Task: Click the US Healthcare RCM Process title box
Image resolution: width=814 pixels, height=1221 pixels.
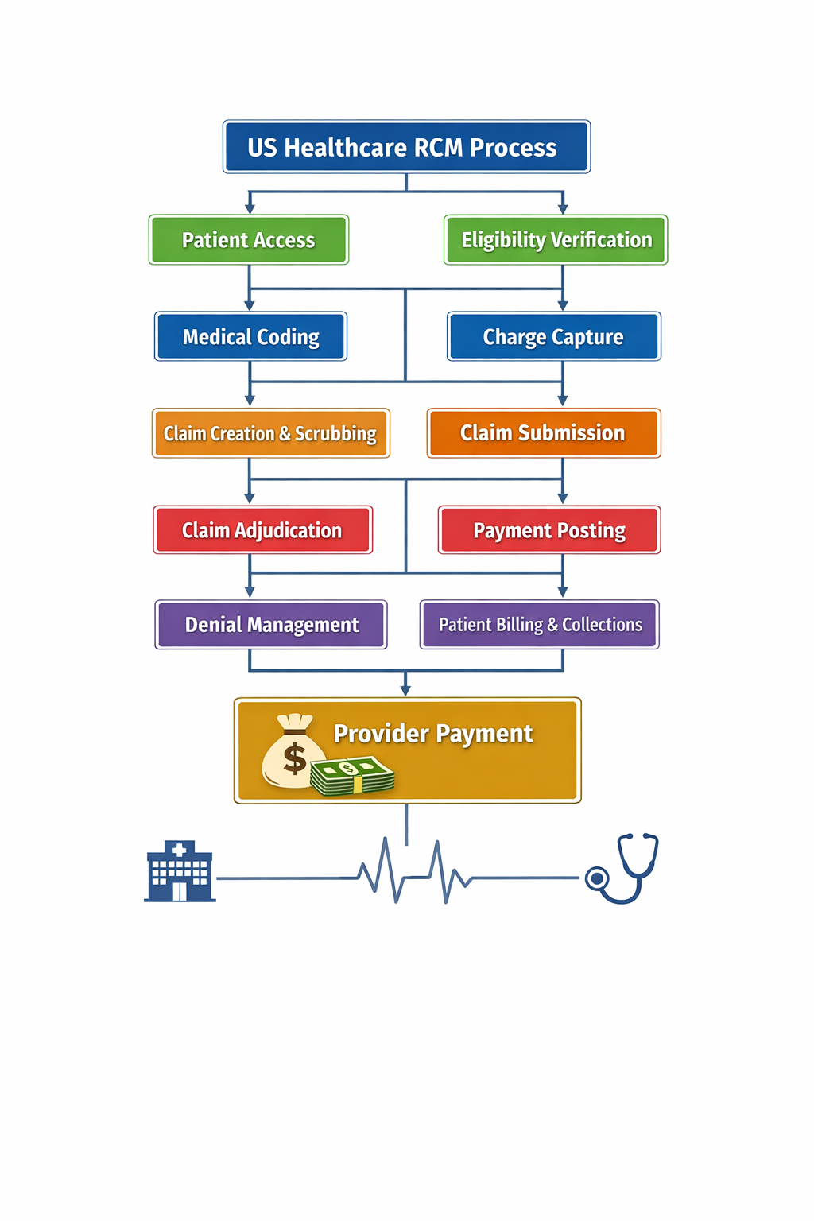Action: (406, 147)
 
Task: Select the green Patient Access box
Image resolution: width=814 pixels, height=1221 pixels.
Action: (248, 240)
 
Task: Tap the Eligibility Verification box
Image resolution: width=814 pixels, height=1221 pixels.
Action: (556, 240)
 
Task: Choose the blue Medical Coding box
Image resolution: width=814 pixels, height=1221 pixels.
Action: (250, 337)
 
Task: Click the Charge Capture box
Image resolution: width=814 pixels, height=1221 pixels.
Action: (553, 337)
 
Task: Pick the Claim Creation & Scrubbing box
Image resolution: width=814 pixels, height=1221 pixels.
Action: (270, 433)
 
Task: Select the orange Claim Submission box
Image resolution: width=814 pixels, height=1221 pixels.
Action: (543, 433)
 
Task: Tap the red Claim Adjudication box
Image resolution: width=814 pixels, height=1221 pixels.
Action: (262, 530)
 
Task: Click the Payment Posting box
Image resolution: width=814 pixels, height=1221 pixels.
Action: (549, 530)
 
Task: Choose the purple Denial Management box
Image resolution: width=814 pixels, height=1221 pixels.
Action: (271, 625)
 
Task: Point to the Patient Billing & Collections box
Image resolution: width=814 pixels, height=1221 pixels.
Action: (540, 625)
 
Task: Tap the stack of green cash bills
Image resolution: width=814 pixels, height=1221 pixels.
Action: (352, 775)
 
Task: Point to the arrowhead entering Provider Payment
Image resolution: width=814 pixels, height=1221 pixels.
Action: (405, 691)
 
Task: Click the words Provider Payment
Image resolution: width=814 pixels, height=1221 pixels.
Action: (433, 733)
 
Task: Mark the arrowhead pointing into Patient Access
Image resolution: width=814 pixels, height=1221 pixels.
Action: (250, 209)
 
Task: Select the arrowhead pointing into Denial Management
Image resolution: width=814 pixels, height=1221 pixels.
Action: (250, 592)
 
